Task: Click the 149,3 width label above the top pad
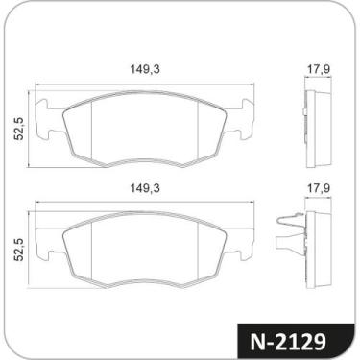144,69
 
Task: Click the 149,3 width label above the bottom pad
144,188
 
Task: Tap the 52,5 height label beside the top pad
18,129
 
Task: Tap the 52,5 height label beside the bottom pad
18,250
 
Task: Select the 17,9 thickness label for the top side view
319,69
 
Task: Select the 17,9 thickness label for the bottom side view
319,188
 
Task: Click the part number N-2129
288,342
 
